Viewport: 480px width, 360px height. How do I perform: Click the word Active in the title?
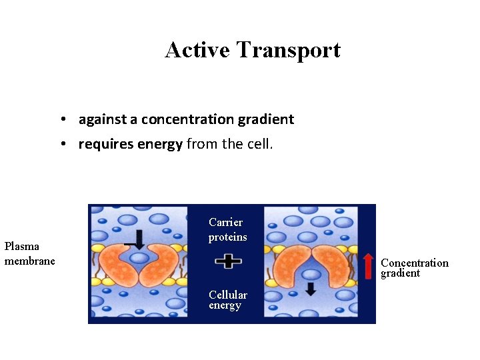(197, 50)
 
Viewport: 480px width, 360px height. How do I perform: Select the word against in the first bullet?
(103, 119)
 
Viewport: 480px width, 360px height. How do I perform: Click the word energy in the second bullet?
(160, 144)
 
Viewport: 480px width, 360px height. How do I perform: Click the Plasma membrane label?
(29, 253)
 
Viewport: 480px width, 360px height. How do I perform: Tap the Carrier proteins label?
(227, 229)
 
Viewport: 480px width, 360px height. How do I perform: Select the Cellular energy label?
(227, 300)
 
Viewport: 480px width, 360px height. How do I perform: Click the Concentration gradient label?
(414, 267)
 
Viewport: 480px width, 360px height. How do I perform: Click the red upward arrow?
(369, 265)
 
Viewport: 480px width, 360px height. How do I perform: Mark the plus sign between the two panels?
(228, 261)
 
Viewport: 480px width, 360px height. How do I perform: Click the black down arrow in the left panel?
(139, 239)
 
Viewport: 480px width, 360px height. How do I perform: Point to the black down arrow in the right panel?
(310, 289)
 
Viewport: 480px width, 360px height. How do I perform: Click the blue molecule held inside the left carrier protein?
(139, 258)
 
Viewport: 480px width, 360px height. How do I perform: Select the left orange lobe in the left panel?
(120, 263)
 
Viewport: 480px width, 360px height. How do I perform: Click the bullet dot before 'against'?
(61, 120)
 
